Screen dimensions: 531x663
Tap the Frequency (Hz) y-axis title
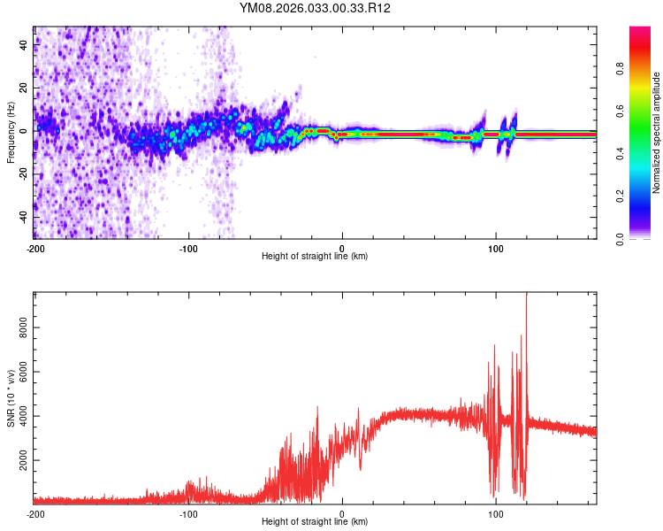tap(11, 133)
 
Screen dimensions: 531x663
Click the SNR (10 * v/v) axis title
tap(11, 398)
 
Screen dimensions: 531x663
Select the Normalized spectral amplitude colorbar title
tap(657, 133)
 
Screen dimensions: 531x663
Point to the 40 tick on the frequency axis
tap(24, 46)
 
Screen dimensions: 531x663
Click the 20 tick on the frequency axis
tap(24, 88)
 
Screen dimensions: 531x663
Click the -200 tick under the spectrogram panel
tap(35, 248)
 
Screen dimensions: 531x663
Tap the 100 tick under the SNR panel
tap(496, 514)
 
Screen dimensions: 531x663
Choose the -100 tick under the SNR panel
tap(188, 514)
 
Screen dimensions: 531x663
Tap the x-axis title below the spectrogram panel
tap(315, 257)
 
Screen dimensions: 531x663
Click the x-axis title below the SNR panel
tap(315, 523)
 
